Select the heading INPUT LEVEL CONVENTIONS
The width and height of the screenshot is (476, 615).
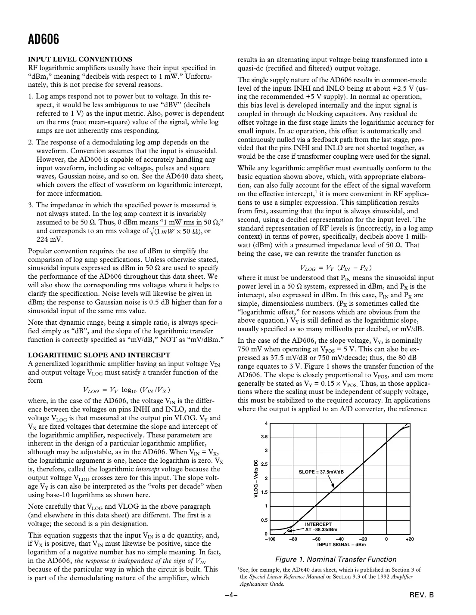click(x=80, y=59)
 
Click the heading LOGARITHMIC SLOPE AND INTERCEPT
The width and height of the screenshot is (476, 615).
click(x=99, y=355)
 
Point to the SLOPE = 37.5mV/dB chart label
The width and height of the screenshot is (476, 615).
click(x=321, y=472)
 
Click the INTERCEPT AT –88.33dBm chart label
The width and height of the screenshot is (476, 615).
click(x=320, y=527)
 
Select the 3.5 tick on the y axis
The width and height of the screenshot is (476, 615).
click(x=264, y=437)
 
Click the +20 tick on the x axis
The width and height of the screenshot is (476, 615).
click(x=409, y=539)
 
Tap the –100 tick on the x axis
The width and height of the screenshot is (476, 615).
click(x=270, y=539)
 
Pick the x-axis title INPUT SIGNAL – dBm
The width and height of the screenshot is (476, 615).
click(x=341, y=544)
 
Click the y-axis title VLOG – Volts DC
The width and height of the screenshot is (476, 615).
click(x=255, y=479)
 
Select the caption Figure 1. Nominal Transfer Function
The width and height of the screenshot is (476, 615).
click(x=336, y=559)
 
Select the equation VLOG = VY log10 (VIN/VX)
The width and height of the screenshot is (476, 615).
click(x=129, y=390)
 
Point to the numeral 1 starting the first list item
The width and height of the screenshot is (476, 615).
click(x=30, y=97)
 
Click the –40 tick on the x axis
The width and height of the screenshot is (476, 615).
click(x=339, y=539)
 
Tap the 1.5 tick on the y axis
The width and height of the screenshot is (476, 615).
click(x=264, y=492)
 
